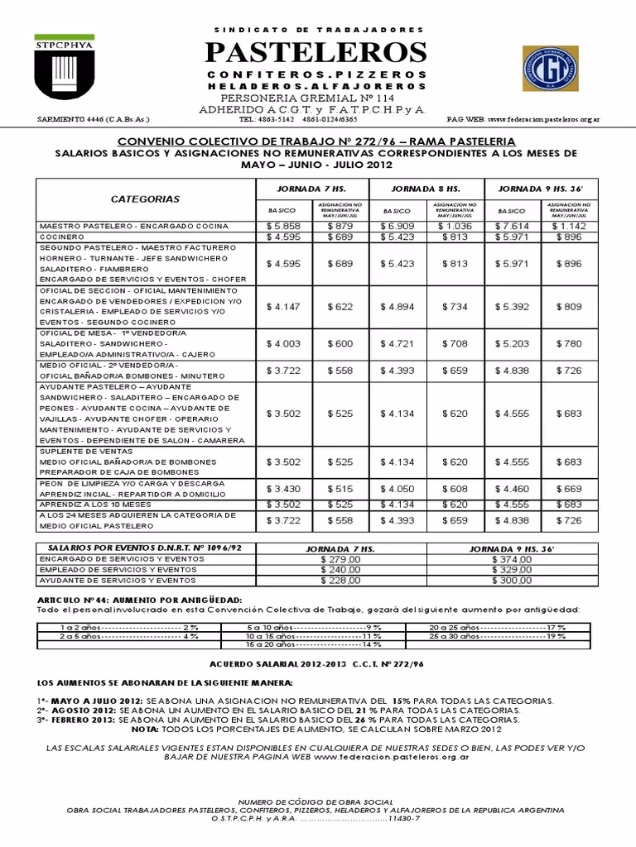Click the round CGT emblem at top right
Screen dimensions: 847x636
click(551, 68)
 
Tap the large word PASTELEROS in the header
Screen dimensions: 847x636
click(317, 52)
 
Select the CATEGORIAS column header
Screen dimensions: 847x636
click(145, 199)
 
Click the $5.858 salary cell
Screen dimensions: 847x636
click(281, 225)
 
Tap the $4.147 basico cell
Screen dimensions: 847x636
click(281, 306)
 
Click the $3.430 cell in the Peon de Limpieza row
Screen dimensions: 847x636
click(281, 489)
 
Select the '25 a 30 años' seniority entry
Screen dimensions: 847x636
click(498, 636)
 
